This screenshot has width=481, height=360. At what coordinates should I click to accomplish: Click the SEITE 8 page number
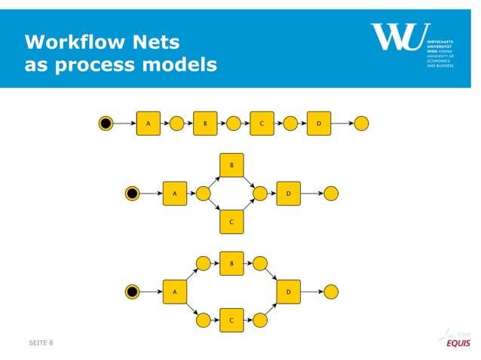click(x=41, y=343)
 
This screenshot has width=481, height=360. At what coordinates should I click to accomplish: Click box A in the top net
click(x=148, y=123)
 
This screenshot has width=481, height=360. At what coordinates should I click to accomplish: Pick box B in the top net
click(x=205, y=123)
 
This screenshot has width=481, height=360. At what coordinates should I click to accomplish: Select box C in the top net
click(x=262, y=123)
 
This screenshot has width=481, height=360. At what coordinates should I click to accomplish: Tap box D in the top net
click(x=318, y=123)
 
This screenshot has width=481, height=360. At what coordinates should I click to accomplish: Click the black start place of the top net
click(x=106, y=123)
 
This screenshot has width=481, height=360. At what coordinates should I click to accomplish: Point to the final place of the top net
click(x=362, y=123)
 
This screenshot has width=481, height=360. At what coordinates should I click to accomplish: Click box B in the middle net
click(x=231, y=164)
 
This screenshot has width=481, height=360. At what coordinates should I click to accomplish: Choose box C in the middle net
click(x=231, y=222)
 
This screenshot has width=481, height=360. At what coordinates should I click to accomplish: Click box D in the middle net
click(x=289, y=194)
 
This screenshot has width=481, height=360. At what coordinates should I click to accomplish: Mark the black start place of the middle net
click(x=133, y=194)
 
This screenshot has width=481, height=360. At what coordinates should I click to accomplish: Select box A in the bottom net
click(x=175, y=291)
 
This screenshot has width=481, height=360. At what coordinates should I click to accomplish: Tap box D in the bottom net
click(x=289, y=291)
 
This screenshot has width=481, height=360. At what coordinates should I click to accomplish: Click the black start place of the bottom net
click(x=133, y=291)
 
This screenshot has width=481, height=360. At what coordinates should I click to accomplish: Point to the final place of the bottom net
click(x=331, y=291)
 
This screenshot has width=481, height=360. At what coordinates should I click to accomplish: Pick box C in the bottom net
click(x=231, y=320)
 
